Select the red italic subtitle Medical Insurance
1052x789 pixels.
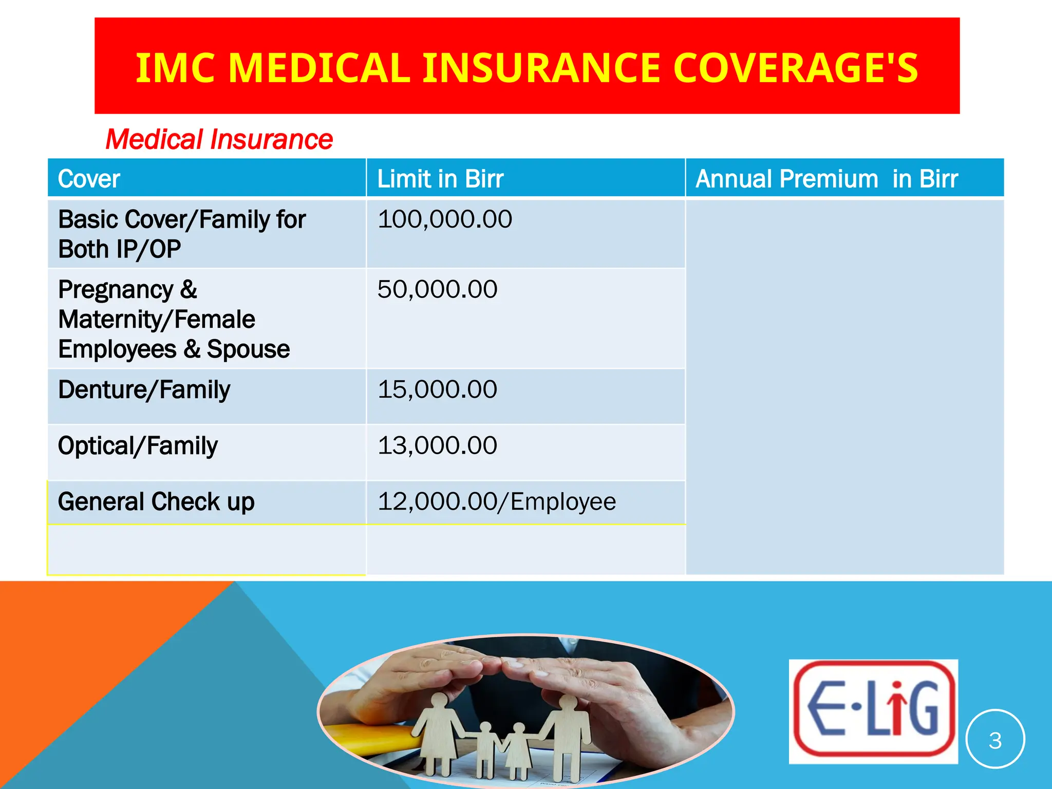(x=219, y=139)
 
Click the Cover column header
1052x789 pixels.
(x=89, y=179)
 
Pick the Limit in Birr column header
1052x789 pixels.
(x=440, y=179)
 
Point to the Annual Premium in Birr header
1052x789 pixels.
(x=826, y=179)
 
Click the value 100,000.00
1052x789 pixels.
(x=445, y=219)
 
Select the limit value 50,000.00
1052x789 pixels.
(x=438, y=289)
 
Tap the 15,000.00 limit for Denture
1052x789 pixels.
(x=438, y=389)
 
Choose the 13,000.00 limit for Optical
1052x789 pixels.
(x=438, y=445)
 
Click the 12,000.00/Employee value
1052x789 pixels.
(x=497, y=501)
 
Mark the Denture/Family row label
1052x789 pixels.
(x=144, y=389)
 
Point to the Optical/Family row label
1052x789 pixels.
(x=138, y=445)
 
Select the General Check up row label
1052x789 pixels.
(x=156, y=501)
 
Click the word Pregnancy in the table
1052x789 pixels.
(x=116, y=290)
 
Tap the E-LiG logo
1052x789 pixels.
(x=873, y=711)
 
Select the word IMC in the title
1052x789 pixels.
(x=175, y=68)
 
